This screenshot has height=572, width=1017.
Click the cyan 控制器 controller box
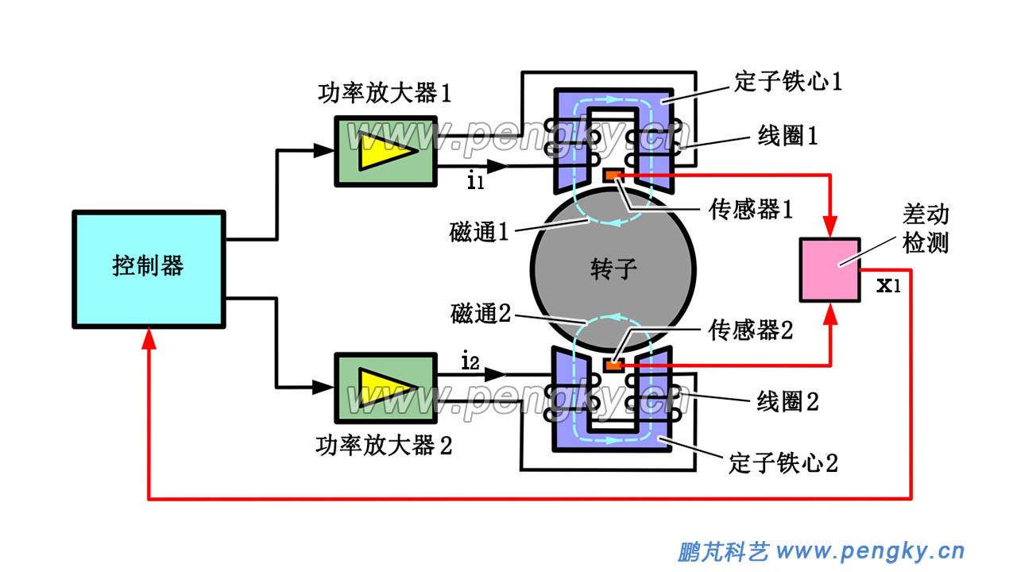149,269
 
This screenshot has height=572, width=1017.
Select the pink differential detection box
830,269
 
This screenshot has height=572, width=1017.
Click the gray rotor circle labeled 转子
612,269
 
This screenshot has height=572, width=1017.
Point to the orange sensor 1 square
613,175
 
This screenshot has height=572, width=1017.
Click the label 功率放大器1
385,94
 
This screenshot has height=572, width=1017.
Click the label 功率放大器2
385,446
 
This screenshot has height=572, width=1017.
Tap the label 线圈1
787,136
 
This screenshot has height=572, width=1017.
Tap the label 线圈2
787,401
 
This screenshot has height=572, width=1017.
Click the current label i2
470,362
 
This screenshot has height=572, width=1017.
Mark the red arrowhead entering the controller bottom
149,338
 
